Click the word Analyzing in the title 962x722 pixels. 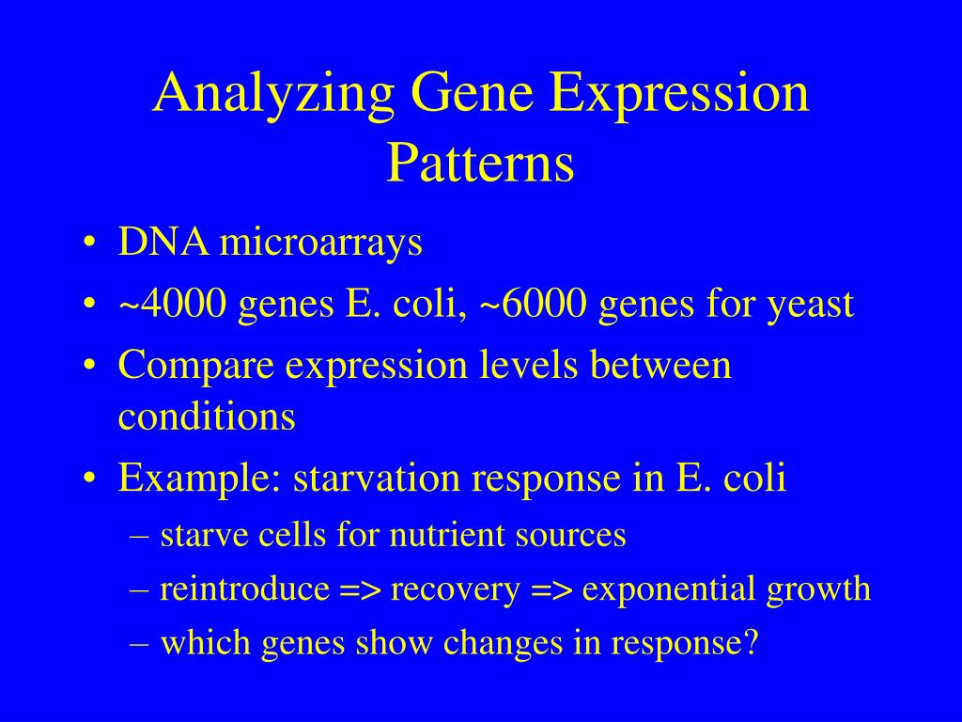click(x=273, y=94)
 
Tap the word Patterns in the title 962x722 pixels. click(x=480, y=163)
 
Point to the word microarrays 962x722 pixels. click(x=321, y=243)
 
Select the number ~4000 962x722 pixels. click(x=172, y=304)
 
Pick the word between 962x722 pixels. click(x=660, y=365)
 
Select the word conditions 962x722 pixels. click(x=207, y=416)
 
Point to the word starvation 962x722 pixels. click(x=377, y=479)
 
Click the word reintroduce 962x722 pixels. click(x=245, y=589)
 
